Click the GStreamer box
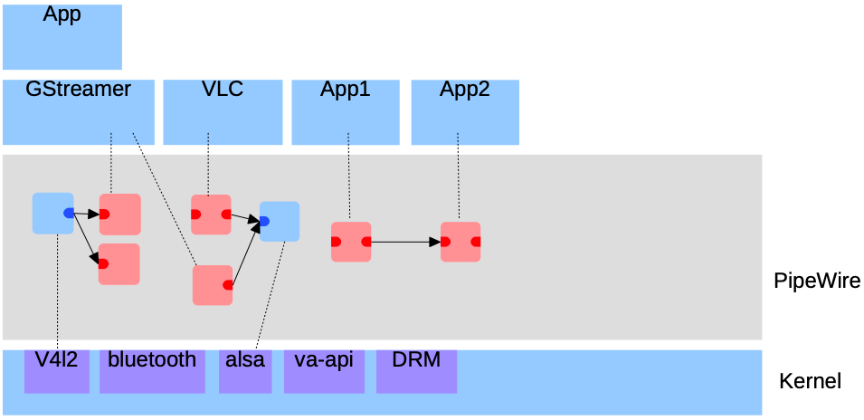click(78, 111)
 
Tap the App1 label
click(346, 90)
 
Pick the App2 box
click(465, 111)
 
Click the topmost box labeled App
click(62, 36)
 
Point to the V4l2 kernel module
click(57, 370)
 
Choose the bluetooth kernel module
click(152, 370)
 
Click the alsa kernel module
click(245, 370)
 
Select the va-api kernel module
click(324, 370)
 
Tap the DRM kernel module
click(416, 370)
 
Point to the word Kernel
click(810, 381)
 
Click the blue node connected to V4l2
click(52, 214)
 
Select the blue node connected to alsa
click(279, 221)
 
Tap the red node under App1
click(351, 242)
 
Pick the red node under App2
click(460, 242)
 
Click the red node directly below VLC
click(211, 215)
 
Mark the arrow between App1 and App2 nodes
click(404, 242)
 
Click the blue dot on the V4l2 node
click(69, 214)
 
